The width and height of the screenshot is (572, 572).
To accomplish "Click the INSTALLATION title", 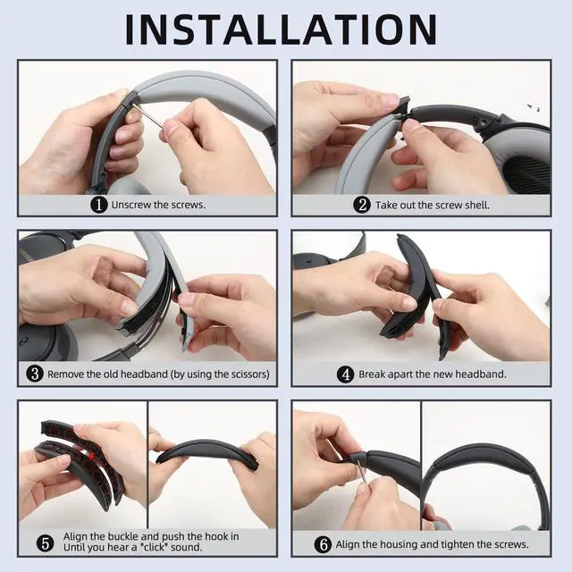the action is (x=281, y=29).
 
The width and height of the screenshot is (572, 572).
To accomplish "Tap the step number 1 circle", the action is (x=99, y=205).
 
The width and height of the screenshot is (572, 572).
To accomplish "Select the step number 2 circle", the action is (x=362, y=205).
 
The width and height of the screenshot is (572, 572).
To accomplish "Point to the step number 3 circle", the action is (x=35, y=374).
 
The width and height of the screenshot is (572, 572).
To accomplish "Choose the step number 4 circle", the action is (x=346, y=374).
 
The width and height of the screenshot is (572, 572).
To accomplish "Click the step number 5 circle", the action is (x=46, y=543).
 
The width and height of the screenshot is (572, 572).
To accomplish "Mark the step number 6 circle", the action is (x=323, y=544).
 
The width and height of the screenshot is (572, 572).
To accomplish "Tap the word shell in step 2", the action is (x=476, y=205).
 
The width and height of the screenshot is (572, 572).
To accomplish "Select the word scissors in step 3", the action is (x=248, y=374).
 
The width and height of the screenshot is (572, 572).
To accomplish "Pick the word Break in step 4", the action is (x=372, y=374).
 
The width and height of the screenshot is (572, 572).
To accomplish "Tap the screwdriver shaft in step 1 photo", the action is (x=147, y=114).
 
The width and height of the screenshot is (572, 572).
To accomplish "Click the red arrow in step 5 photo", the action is (x=92, y=456).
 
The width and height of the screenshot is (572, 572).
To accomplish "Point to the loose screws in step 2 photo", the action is (x=534, y=107).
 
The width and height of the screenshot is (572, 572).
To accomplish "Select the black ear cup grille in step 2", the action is (x=526, y=175).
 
